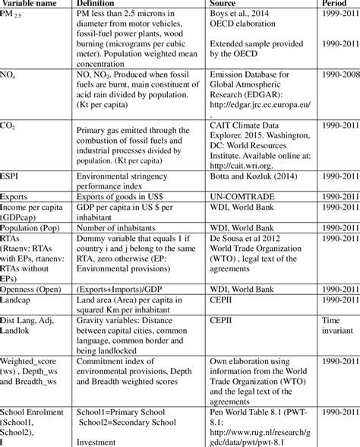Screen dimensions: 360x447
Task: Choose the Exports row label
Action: (x=18, y=195)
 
